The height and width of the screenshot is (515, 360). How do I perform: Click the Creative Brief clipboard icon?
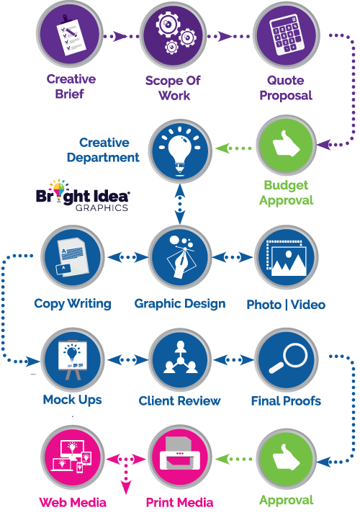point(69,35)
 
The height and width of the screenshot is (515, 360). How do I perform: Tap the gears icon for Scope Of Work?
point(174,35)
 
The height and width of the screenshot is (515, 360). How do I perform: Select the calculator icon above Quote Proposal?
point(286,35)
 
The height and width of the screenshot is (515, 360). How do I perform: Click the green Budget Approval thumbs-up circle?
point(286,145)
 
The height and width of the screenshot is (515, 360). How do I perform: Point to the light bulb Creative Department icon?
point(180,152)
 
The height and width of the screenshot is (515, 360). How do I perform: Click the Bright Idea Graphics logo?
point(83,196)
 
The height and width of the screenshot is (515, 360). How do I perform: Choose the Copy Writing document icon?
point(73,257)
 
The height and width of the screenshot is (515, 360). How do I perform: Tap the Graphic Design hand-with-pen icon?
point(180,257)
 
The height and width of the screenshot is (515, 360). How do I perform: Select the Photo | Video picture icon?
point(286,257)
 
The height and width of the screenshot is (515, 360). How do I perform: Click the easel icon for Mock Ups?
point(73,360)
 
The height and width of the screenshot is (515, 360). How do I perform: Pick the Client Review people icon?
point(180,360)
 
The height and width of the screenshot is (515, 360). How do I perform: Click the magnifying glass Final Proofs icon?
point(286,360)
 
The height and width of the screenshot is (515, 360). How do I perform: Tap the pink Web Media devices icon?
point(73,457)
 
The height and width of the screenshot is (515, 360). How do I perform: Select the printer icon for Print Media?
point(180,457)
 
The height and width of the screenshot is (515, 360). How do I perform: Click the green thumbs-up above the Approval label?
point(286,459)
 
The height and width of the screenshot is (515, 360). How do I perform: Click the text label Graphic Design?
point(180,304)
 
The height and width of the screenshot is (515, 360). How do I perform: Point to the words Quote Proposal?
point(286,88)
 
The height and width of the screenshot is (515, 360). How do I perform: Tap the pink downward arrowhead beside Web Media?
point(126,488)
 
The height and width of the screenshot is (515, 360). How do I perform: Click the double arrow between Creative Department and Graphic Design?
point(180,204)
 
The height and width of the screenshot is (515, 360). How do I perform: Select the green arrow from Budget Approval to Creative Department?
point(233,148)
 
